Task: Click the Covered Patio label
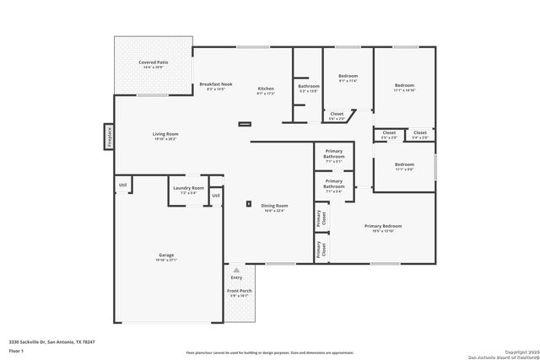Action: [x=153, y=62]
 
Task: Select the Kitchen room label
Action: [x=266, y=89]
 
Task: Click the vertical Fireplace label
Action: [x=110, y=137]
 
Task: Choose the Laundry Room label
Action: [x=188, y=188]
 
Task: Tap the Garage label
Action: [x=166, y=255]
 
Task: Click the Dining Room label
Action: [x=274, y=206]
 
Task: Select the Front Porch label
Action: [x=240, y=292]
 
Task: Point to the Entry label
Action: [x=236, y=277]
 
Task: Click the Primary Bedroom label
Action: [x=383, y=226]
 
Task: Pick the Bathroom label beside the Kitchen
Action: [x=308, y=86]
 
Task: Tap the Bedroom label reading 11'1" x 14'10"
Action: [x=405, y=85]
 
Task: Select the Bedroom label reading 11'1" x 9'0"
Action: [x=404, y=164]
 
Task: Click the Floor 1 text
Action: [x=15, y=349]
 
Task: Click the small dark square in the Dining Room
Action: [x=248, y=203]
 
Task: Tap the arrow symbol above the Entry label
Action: [x=236, y=270]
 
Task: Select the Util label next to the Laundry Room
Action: [x=216, y=196]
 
